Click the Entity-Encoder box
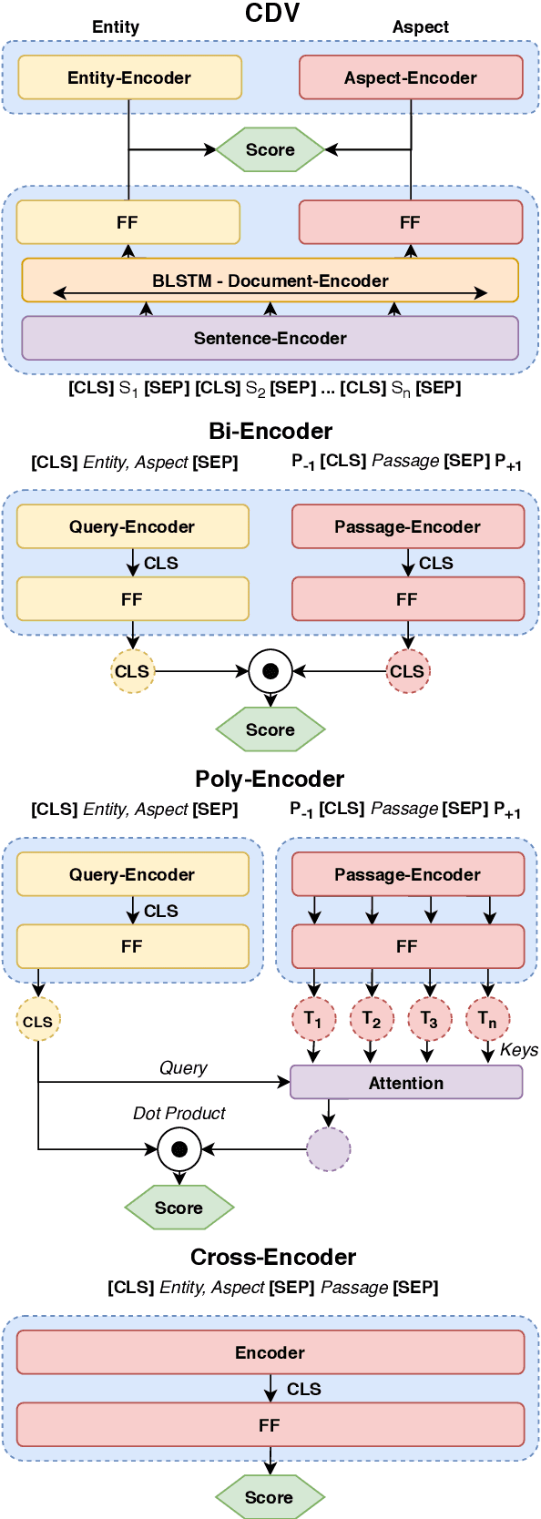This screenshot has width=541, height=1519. tap(129, 77)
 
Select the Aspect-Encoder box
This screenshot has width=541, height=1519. tap(411, 77)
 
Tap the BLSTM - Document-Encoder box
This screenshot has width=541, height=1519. tap(270, 280)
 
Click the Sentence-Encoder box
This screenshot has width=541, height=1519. tap(270, 338)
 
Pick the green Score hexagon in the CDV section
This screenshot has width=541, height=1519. tap(270, 149)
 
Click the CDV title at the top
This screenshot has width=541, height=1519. tap(271, 13)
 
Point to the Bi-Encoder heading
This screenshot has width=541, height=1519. tap(270, 431)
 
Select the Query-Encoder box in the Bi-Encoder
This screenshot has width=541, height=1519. tap(132, 526)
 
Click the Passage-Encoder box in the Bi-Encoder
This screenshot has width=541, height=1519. tap(407, 526)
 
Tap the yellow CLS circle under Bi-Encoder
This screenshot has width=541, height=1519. tap(132, 671)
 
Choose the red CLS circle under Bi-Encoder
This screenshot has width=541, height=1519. tap(407, 671)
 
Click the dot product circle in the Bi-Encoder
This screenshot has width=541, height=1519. tap(270, 671)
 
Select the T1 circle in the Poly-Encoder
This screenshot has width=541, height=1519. tap(313, 1019)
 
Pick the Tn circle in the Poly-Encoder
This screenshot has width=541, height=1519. tap(487, 1019)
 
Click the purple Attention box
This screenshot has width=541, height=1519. tap(406, 1083)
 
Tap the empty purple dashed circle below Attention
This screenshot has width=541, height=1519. tap(329, 1149)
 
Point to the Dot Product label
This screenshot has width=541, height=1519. tap(179, 1113)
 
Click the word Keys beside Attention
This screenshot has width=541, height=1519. tap(518, 1050)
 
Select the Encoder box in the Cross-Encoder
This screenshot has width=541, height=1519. tap(270, 1352)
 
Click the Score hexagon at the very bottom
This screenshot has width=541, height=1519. tap(270, 1497)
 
